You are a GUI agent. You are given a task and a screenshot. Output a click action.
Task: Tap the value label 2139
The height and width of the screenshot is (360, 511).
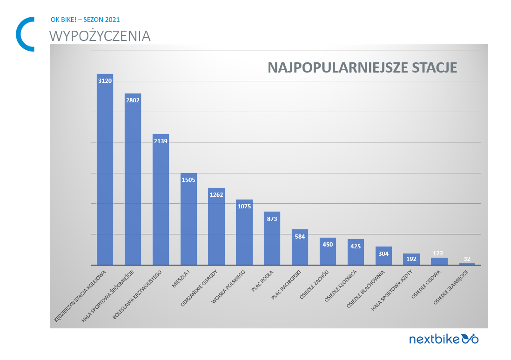pos(161,141)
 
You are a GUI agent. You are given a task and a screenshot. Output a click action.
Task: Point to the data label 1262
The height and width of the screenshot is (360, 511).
pos(216,195)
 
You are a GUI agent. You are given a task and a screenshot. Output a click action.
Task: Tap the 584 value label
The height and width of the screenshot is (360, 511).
pos(300,236)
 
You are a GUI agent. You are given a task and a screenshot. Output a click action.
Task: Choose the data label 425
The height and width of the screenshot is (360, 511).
pos(356,246)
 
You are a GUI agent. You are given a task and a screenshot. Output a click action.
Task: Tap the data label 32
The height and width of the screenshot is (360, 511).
pos(467,259)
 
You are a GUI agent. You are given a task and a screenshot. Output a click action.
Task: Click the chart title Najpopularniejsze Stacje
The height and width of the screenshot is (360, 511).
pos(362,67)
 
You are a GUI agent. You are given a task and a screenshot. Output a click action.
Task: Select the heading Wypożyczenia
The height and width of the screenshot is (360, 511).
pos(100,36)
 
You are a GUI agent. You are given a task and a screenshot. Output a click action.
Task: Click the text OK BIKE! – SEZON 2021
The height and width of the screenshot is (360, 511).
pos(85,20)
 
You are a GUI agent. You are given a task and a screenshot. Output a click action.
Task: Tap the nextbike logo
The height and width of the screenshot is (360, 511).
pos(443,339)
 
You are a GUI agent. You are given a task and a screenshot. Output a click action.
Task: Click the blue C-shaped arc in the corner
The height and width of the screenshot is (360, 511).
pos(20,34)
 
